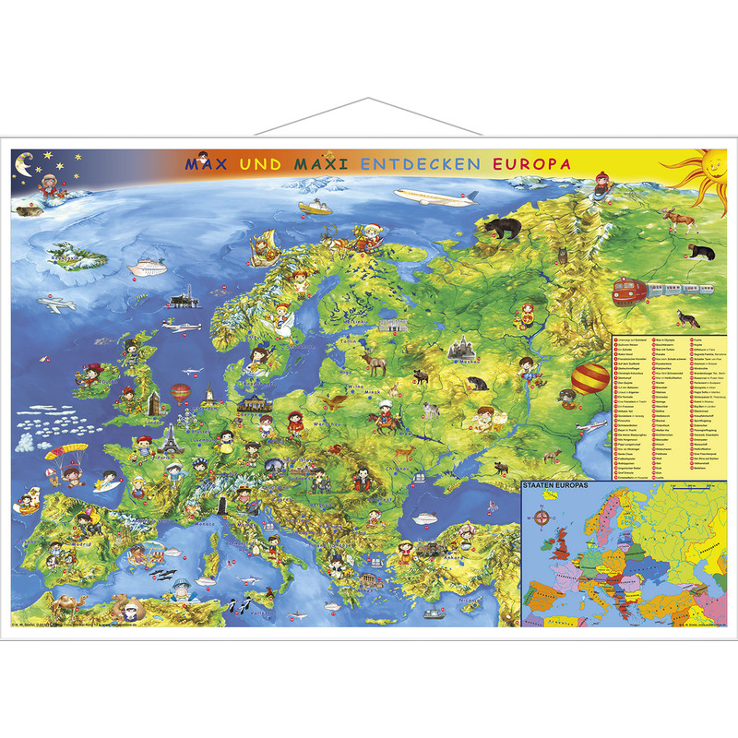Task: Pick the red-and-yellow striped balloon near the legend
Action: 590,377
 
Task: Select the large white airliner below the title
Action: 434,196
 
